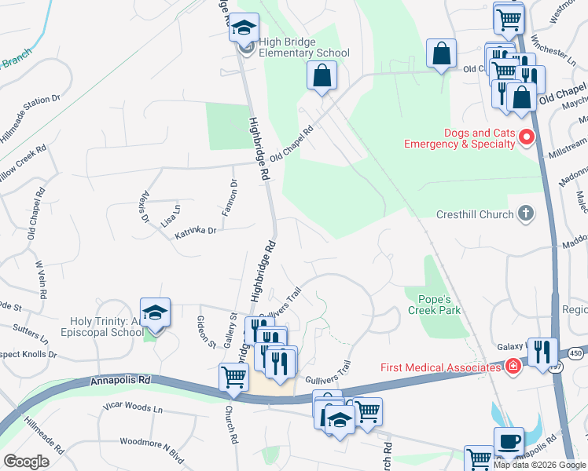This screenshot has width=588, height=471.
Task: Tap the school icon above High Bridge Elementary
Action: (244, 27)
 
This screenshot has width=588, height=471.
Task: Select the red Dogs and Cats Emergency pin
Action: (527, 139)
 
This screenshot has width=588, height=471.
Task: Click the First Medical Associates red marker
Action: (513, 367)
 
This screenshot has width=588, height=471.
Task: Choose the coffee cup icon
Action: (508, 441)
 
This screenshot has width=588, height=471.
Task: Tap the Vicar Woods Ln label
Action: (133, 408)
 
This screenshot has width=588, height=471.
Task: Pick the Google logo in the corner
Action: (26, 462)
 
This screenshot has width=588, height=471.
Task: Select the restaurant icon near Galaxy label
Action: (542, 352)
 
